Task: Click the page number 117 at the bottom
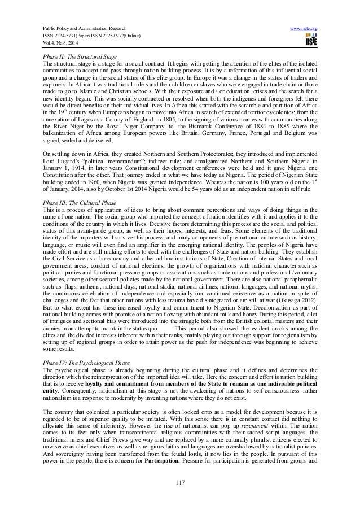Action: [180, 498]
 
